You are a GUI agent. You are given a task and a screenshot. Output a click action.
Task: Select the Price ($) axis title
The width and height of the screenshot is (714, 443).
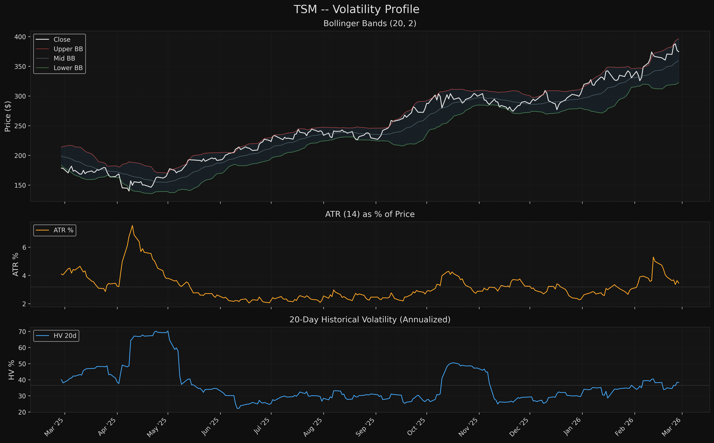click(8, 116)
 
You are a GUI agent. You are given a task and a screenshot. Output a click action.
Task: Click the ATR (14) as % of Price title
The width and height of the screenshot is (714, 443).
click(370, 214)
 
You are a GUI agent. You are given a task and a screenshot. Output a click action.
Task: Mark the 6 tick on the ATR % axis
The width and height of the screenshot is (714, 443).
click(24, 248)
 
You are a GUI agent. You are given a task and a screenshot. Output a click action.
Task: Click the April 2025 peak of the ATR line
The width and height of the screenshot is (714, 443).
click(132, 226)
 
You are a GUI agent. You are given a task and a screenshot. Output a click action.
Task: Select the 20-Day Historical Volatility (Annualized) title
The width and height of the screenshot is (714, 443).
click(370, 319)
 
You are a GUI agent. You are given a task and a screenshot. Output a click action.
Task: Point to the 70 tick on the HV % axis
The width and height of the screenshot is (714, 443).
click(22, 332)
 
